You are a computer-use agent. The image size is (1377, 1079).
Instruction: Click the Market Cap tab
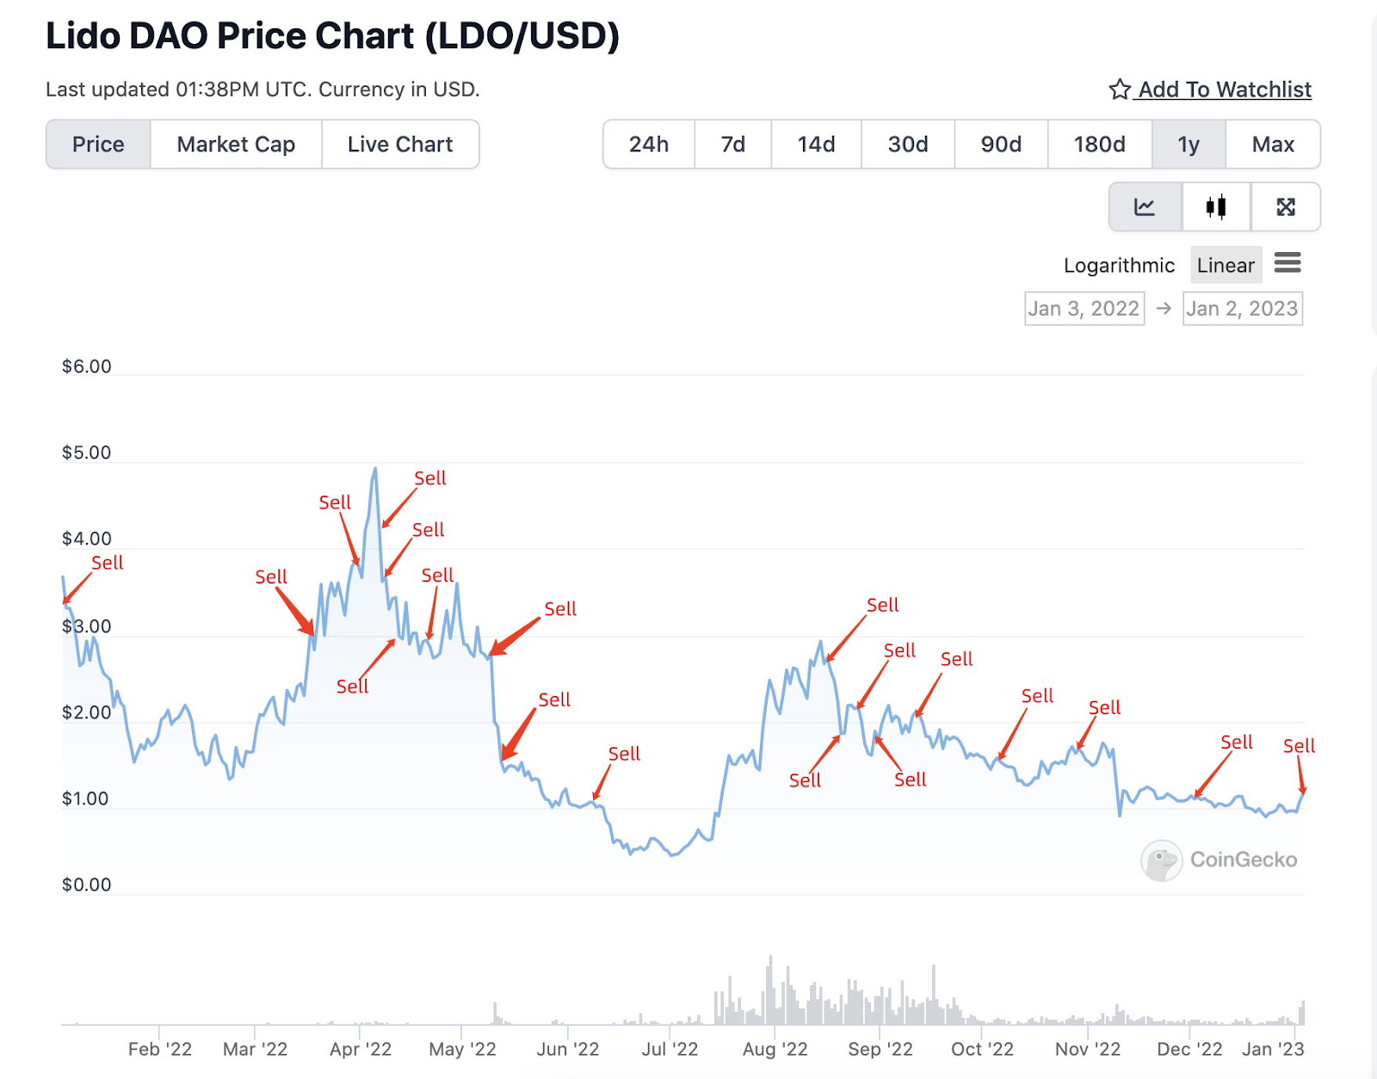pos(236,145)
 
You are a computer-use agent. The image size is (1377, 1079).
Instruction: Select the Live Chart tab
pos(400,145)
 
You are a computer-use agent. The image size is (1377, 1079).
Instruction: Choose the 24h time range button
pos(648,145)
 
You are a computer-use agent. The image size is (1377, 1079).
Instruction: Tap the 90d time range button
pos(1001,145)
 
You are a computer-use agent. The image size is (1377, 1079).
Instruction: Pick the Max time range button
pos(1273,145)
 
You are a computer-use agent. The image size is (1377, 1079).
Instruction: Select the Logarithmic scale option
pos(1119,265)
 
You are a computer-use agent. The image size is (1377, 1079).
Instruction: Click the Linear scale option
pos(1226,265)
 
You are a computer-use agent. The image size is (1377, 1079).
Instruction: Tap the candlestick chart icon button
pos(1216,207)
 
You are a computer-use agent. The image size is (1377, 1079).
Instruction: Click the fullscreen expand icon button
pos(1286,207)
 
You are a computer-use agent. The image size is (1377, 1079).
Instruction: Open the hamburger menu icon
pos(1287,262)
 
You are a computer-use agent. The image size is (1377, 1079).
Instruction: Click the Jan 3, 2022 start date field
pos(1084,309)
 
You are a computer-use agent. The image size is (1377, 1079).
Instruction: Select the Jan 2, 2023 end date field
pos(1242,309)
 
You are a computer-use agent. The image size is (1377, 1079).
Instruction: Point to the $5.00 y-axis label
pos(86,453)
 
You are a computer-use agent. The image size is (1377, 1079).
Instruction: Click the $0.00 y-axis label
pos(86,885)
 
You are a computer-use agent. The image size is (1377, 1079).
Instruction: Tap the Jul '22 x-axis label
pos(670,1049)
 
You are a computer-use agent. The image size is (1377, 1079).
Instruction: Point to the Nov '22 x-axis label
pos(1088,1049)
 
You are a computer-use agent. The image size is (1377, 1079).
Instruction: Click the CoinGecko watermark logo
pos(1219,860)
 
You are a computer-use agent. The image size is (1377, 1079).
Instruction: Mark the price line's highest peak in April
pos(375,469)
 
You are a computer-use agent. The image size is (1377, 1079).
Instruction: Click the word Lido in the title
pos(83,36)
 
